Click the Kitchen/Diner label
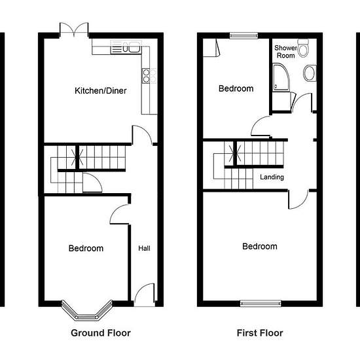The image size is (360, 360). (x=101, y=91)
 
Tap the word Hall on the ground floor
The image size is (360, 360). (x=144, y=248)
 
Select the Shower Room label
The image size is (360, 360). (x=286, y=52)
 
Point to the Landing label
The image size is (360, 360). (x=272, y=177)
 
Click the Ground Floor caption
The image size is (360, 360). (x=101, y=333)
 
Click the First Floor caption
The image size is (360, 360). (x=260, y=333)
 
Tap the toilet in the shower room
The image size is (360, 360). (x=303, y=48)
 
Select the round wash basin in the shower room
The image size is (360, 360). (x=310, y=73)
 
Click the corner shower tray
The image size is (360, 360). (x=281, y=77)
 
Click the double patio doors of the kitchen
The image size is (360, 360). (x=74, y=29)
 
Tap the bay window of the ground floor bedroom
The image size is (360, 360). (x=87, y=311)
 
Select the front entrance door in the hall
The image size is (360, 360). (x=145, y=295)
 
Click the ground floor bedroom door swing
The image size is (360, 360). (x=119, y=214)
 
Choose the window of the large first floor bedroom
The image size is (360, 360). (x=261, y=304)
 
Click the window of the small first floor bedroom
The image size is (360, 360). (x=244, y=35)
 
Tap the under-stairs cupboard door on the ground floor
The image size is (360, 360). (x=92, y=183)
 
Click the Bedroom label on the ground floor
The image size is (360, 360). (x=86, y=248)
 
